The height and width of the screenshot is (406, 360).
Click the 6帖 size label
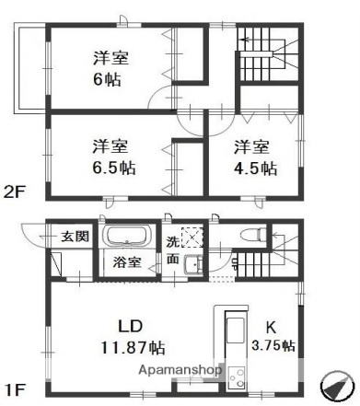tap(110, 78)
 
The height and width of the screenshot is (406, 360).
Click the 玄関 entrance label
tap(75, 237)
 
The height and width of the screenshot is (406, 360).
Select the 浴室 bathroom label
tap(127, 262)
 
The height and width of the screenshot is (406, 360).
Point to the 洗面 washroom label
tap(176, 251)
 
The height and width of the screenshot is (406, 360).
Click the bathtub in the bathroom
tap(130, 237)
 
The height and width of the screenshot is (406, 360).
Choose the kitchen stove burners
tap(237, 377)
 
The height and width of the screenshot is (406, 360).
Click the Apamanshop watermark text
tap(181, 370)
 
